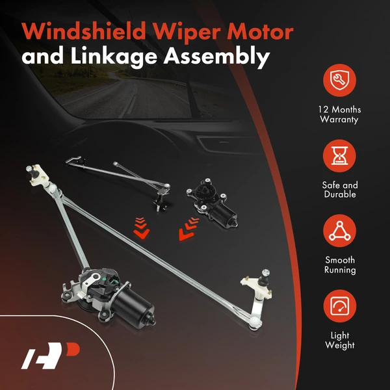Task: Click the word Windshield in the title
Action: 84,31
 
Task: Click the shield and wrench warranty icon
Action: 339,80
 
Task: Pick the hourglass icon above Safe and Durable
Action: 339,156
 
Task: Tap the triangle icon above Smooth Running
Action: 339,231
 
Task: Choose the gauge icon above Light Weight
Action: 339,306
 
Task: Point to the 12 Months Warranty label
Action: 339,114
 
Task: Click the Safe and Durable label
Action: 340,190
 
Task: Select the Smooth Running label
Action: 340,265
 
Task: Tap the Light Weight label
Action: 340,341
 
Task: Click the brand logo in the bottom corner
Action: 50,356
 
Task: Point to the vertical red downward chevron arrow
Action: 141,228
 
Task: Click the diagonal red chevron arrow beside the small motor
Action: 188,229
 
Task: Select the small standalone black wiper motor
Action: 212,202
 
